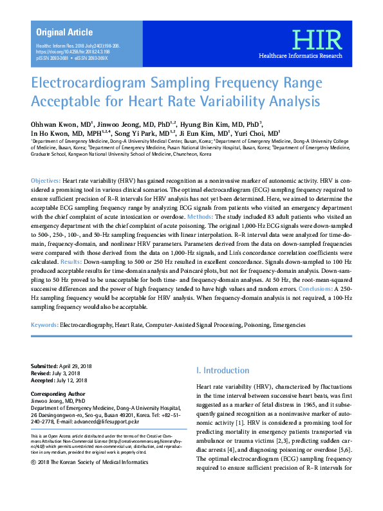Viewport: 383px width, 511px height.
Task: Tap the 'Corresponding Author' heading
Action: pos(58,392)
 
